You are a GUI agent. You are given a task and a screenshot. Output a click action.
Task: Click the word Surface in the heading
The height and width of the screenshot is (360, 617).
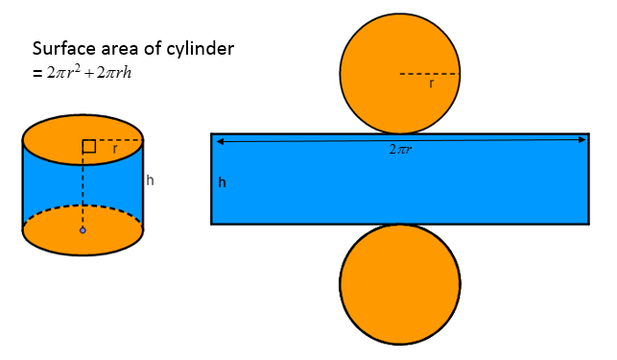pyautogui.click(x=59, y=48)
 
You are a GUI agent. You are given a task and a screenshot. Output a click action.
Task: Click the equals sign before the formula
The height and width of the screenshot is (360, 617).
pyautogui.click(x=36, y=72)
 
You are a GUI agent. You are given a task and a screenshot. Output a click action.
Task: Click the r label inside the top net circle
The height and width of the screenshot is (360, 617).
pyautogui.click(x=431, y=84)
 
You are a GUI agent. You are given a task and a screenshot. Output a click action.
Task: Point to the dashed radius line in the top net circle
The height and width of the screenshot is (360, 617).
pyautogui.click(x=430, y=74)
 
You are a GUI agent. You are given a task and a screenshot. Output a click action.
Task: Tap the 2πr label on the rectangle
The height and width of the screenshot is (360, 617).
pyautogui.click(x=401, y=151)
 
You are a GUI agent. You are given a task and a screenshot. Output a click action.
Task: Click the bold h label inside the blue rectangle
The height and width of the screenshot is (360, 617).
pyautogui.click(x=222, y=182)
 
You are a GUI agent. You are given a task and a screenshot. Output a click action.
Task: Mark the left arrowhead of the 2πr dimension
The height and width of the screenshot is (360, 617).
pyautogui.click(x=220, y=141)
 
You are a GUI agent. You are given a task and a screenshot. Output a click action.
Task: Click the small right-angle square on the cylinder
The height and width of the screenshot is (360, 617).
pyautogui.click(x=88, y=147)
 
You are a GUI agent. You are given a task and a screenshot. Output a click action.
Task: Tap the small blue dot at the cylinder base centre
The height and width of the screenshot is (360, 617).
pyautogui.click(x=83, y=230)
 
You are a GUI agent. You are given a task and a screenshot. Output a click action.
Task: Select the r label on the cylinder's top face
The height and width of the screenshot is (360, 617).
pyautogui.click(x=115, y=150)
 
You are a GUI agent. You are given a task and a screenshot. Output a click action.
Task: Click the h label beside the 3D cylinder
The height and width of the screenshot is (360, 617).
pyautogui.click(x=150, y=180)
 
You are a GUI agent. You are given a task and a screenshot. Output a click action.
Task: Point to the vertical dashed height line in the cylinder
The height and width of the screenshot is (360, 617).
pyautogui.click(x=83, y=192)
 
